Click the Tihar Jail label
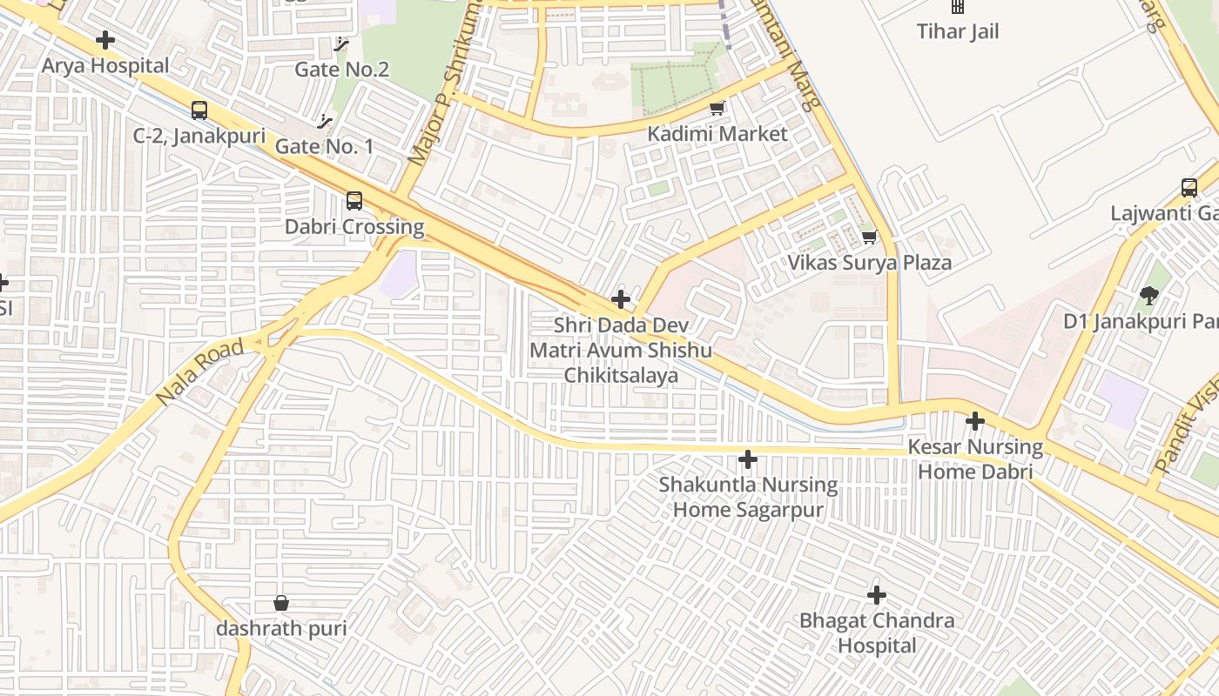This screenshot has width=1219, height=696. (x=958, y=32)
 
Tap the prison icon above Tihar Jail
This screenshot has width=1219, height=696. (x=958, y=6)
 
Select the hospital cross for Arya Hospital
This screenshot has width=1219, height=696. (x=105, y=40)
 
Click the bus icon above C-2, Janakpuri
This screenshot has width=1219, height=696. (x=199, y=110)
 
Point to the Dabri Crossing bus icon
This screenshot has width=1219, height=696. (x=354, y=201)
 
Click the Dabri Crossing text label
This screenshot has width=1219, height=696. (x=354, y=227)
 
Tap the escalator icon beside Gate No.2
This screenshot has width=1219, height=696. (x=341, y=43)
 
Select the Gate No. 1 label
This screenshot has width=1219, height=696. (x=324, y=146)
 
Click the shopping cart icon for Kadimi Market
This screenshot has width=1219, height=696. (x=717, y=109)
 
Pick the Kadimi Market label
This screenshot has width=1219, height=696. (x=717, y=134)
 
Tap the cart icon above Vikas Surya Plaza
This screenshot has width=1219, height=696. (x=869, y=237)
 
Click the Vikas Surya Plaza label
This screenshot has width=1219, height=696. (x=869, y=263)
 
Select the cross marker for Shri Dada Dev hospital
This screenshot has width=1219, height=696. (x=621, y=300)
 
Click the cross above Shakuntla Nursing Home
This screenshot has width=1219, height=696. (x=748, y=459)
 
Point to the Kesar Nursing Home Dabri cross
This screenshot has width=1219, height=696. (x=975, y=422)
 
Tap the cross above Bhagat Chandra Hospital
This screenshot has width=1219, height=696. (x=877, y=595)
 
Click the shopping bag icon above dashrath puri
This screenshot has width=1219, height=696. (x=281, y=603)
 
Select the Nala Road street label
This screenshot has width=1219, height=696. (x=199, y=373)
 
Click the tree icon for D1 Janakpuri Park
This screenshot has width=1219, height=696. (x=1149, y=296)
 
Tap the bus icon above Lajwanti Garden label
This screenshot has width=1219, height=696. (x=1189, y=187)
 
